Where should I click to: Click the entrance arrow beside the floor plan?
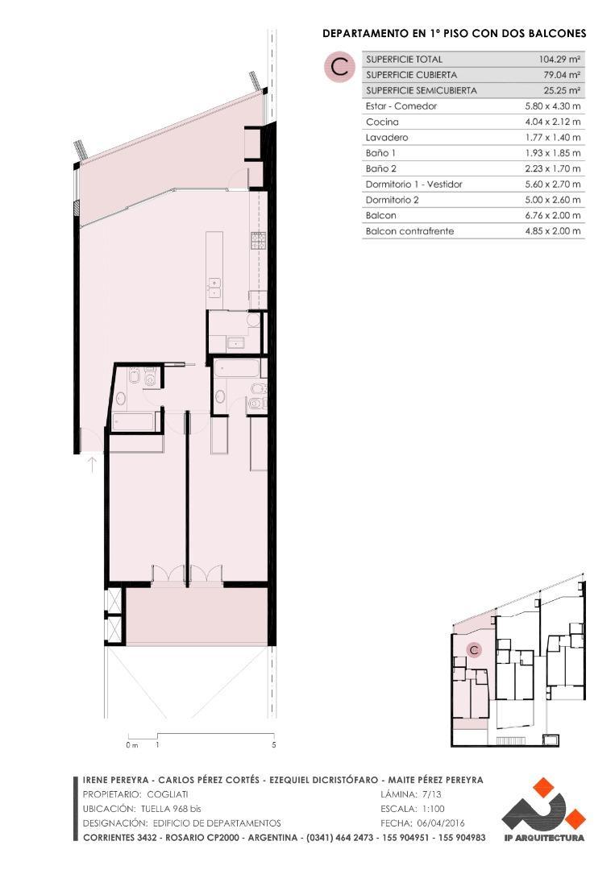tap(92, 464)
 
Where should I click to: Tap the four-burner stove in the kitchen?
tap(258, 240)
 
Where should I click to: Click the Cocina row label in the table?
tap(382, 122)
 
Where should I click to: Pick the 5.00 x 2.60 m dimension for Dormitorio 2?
tap(553, 200)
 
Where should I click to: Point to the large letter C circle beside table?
tap(340, 68)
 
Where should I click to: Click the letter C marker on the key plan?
tap(475, 649)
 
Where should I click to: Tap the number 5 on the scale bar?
tap(274, 745)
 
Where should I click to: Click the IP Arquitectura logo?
tap(542, 810)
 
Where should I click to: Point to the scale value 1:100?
tap(431, 809)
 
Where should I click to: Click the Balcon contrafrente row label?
tap(409, 231)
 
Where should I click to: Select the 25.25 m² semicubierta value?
tap(560, 90)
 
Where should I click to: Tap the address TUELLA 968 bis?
tap(170, 809)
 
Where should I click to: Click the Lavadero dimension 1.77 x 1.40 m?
tap(553, 138)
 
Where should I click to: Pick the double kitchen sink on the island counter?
tap(214, 283)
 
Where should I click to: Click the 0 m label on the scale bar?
tap(131, 745)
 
